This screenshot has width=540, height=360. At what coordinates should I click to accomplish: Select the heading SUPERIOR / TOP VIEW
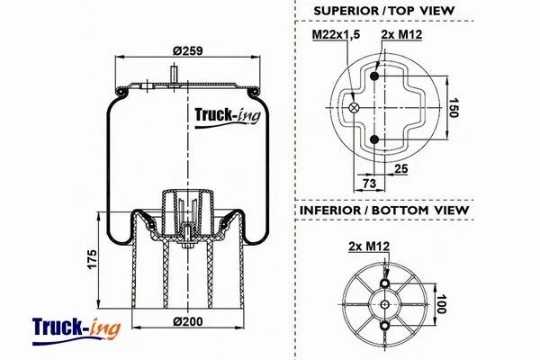(x=383, y=11)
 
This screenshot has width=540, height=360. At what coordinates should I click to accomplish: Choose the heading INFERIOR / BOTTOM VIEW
(x=382, y=210)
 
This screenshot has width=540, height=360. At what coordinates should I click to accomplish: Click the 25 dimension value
(x=401, y=168)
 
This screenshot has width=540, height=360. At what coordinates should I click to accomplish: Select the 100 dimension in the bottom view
(x=442, y=305)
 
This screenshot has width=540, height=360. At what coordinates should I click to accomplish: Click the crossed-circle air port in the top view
(x=353, y=108)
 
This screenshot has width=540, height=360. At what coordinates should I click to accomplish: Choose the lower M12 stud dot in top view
(x=374, y=139)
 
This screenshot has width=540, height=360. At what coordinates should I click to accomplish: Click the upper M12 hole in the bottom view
(x=387, y=284)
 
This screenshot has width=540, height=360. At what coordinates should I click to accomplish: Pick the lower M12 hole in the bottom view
(x=387, y=326)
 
